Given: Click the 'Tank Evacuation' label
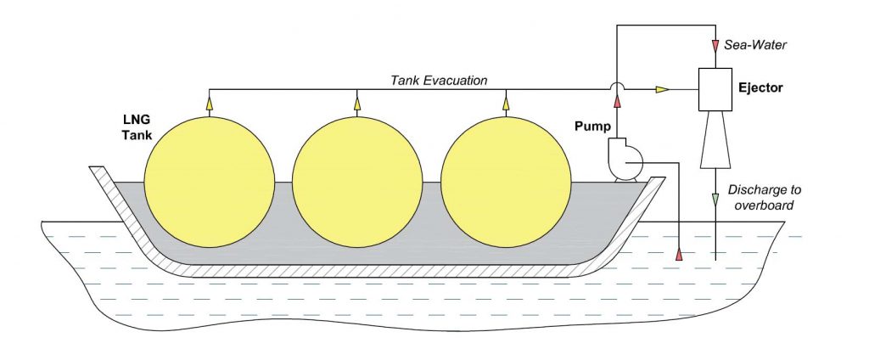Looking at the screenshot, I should click(439, 81).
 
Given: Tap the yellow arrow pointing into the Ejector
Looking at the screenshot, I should click(661, 88).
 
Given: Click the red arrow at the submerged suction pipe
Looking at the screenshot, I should click(679, 254).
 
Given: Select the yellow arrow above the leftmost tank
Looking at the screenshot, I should click(208, 104).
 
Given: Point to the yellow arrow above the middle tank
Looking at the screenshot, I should click(356, 104).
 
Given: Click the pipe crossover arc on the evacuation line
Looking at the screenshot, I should click(617, 83).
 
